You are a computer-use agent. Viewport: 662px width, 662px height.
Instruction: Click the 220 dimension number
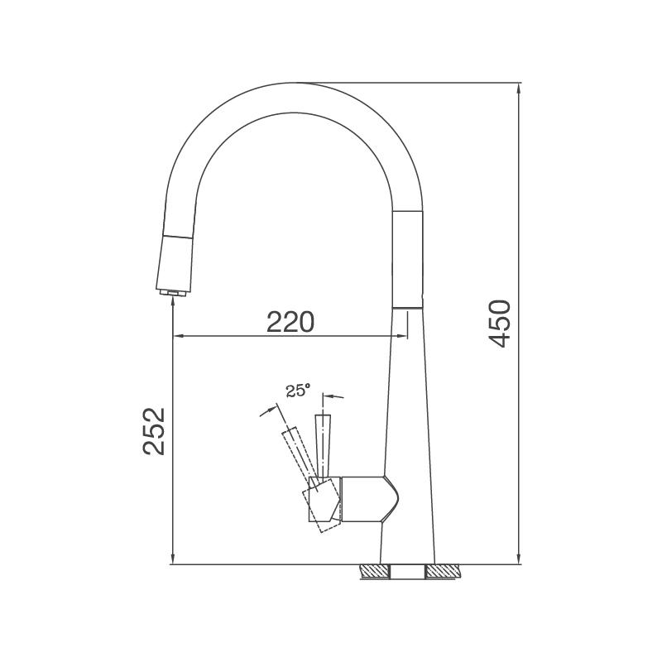(291, 322)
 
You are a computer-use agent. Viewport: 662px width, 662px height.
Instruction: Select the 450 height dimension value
(500, 324)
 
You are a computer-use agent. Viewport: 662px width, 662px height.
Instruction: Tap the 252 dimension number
(153, 430)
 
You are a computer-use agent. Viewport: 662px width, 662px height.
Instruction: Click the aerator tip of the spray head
(172, 292)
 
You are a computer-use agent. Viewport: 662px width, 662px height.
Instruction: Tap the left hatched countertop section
(375, 571)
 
